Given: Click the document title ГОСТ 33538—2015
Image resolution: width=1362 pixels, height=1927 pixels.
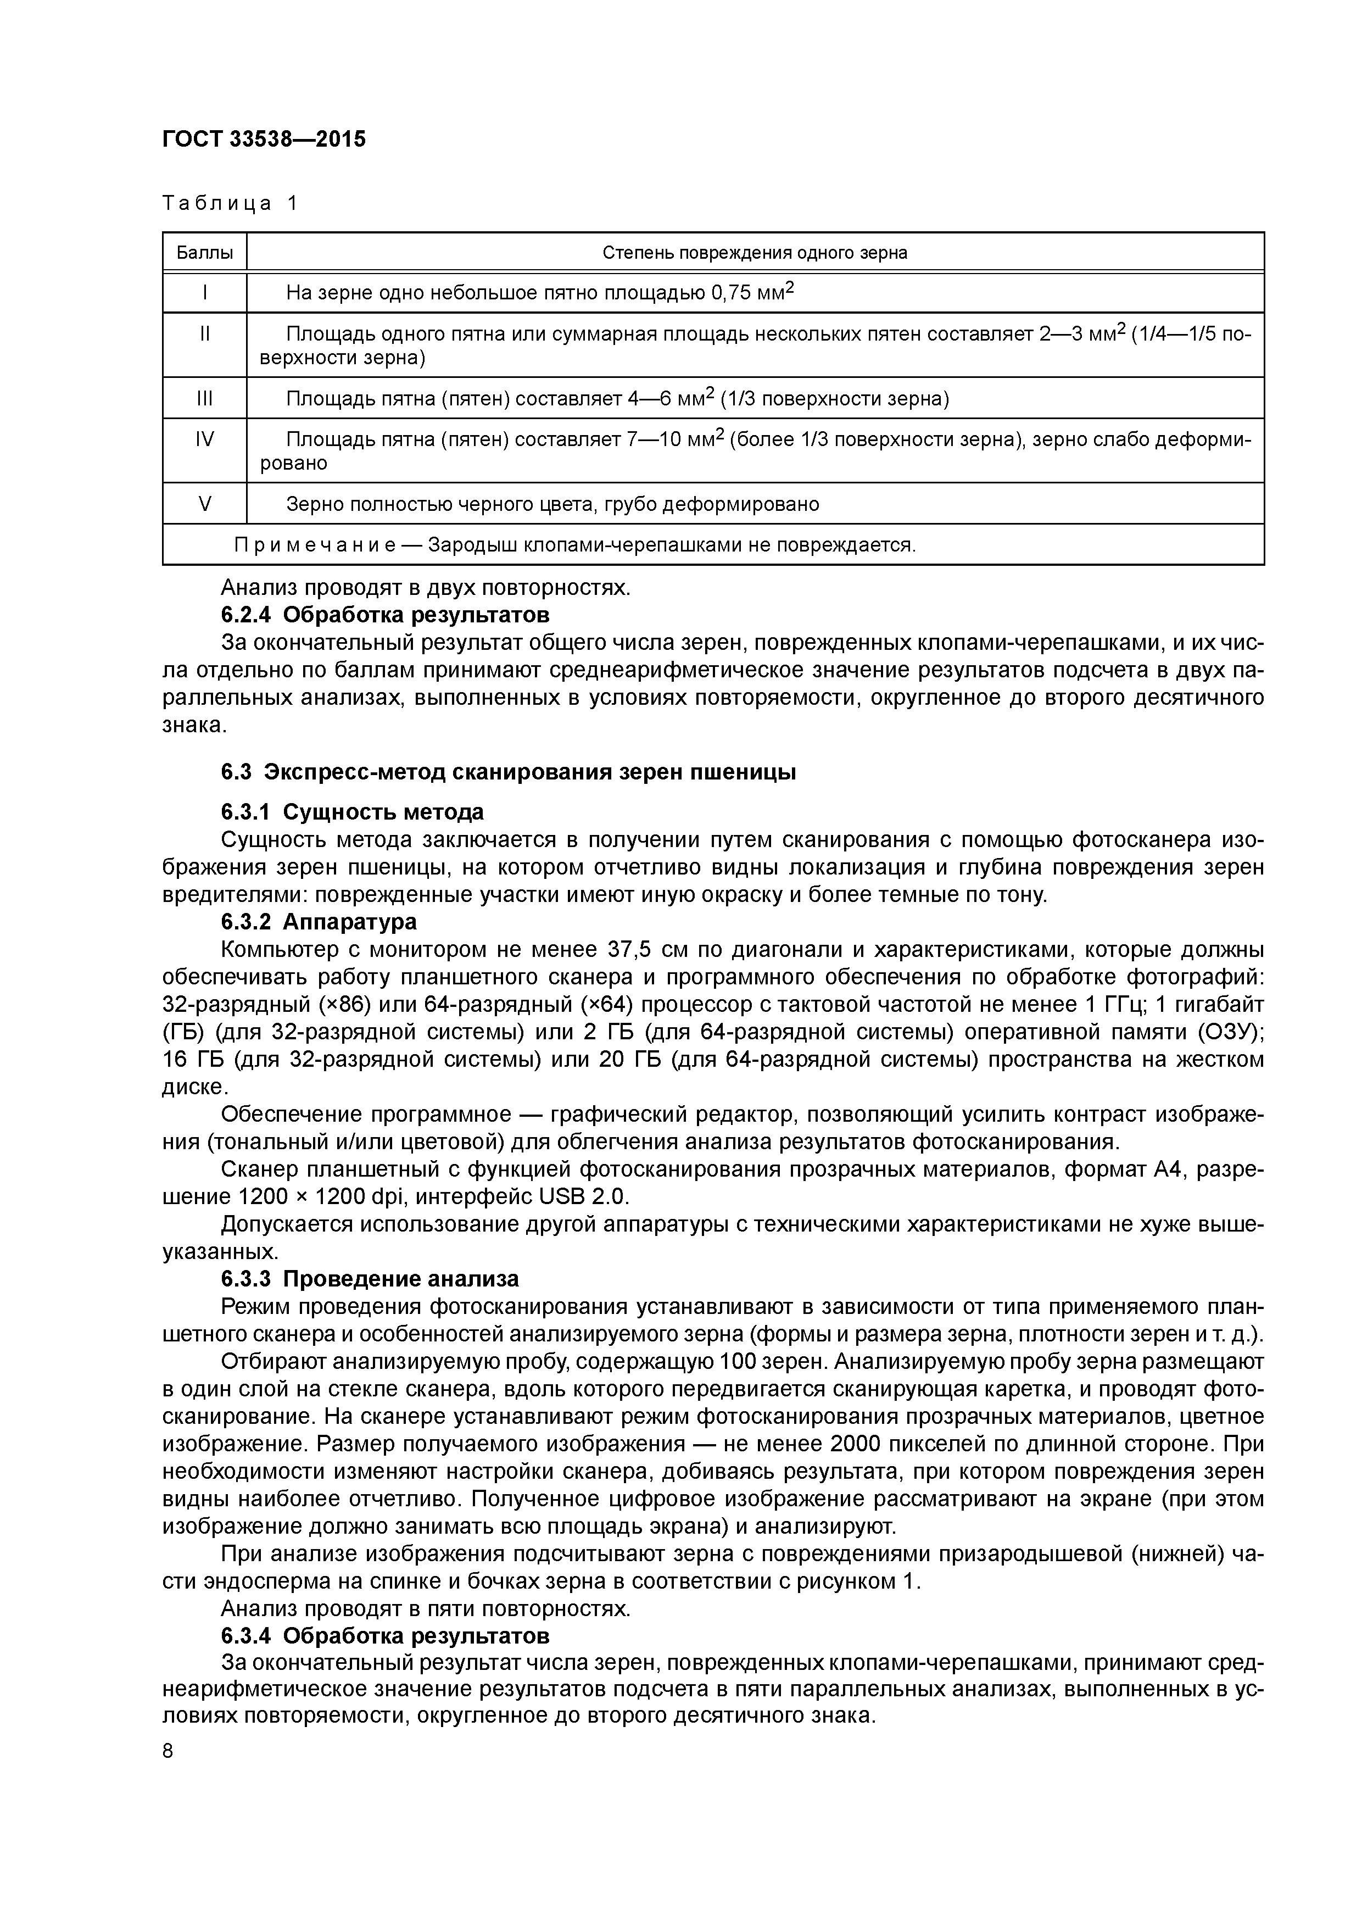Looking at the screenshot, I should click(264, 140).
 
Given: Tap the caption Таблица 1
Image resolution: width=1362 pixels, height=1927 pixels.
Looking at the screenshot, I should click(230, 203).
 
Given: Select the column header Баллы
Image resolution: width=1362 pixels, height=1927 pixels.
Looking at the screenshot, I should click(204, 253).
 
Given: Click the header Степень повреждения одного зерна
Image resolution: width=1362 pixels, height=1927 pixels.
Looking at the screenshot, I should click(755, 253).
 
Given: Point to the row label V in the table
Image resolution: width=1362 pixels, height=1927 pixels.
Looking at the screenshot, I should click(204, 504).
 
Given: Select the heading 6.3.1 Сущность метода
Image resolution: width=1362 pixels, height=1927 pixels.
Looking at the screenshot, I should click(353, 812).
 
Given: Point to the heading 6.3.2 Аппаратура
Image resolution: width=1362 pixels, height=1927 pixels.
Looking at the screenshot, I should click(319, 922).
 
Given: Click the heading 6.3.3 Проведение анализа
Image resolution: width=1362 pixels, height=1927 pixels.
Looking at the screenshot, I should click(370, 1279).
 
